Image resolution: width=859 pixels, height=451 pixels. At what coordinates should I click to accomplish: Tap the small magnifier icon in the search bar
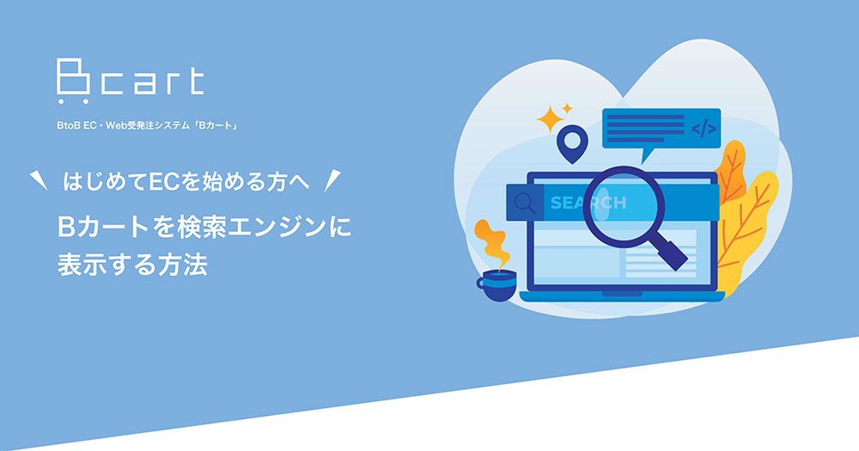(x=521, y=204)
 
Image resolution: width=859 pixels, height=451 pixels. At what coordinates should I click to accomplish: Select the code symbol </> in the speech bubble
(x=704, y=130)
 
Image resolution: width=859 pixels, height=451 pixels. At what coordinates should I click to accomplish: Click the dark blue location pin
(x=570, y=143)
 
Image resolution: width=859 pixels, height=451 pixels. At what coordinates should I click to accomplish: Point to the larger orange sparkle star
(x=547, y=119)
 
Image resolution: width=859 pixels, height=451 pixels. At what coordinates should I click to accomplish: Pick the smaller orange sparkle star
(x=567, y=108)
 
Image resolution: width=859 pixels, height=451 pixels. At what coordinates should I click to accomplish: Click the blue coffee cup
(x=496, y=284)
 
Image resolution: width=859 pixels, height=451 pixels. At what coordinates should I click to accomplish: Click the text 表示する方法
(x=133, y=264)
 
